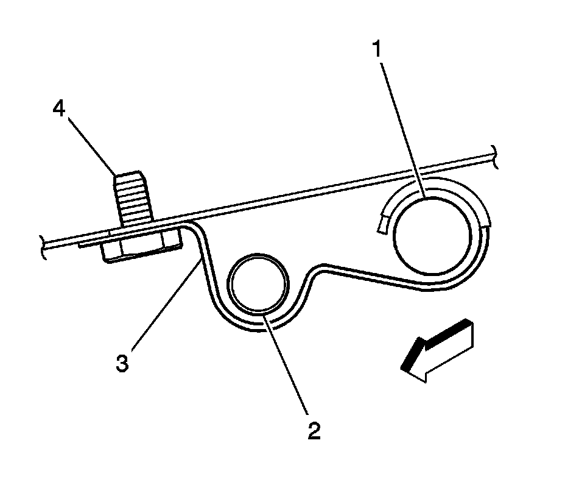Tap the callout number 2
tap(313, 431)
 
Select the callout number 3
tap(123, 364)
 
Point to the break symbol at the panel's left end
tap(43, 247)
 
